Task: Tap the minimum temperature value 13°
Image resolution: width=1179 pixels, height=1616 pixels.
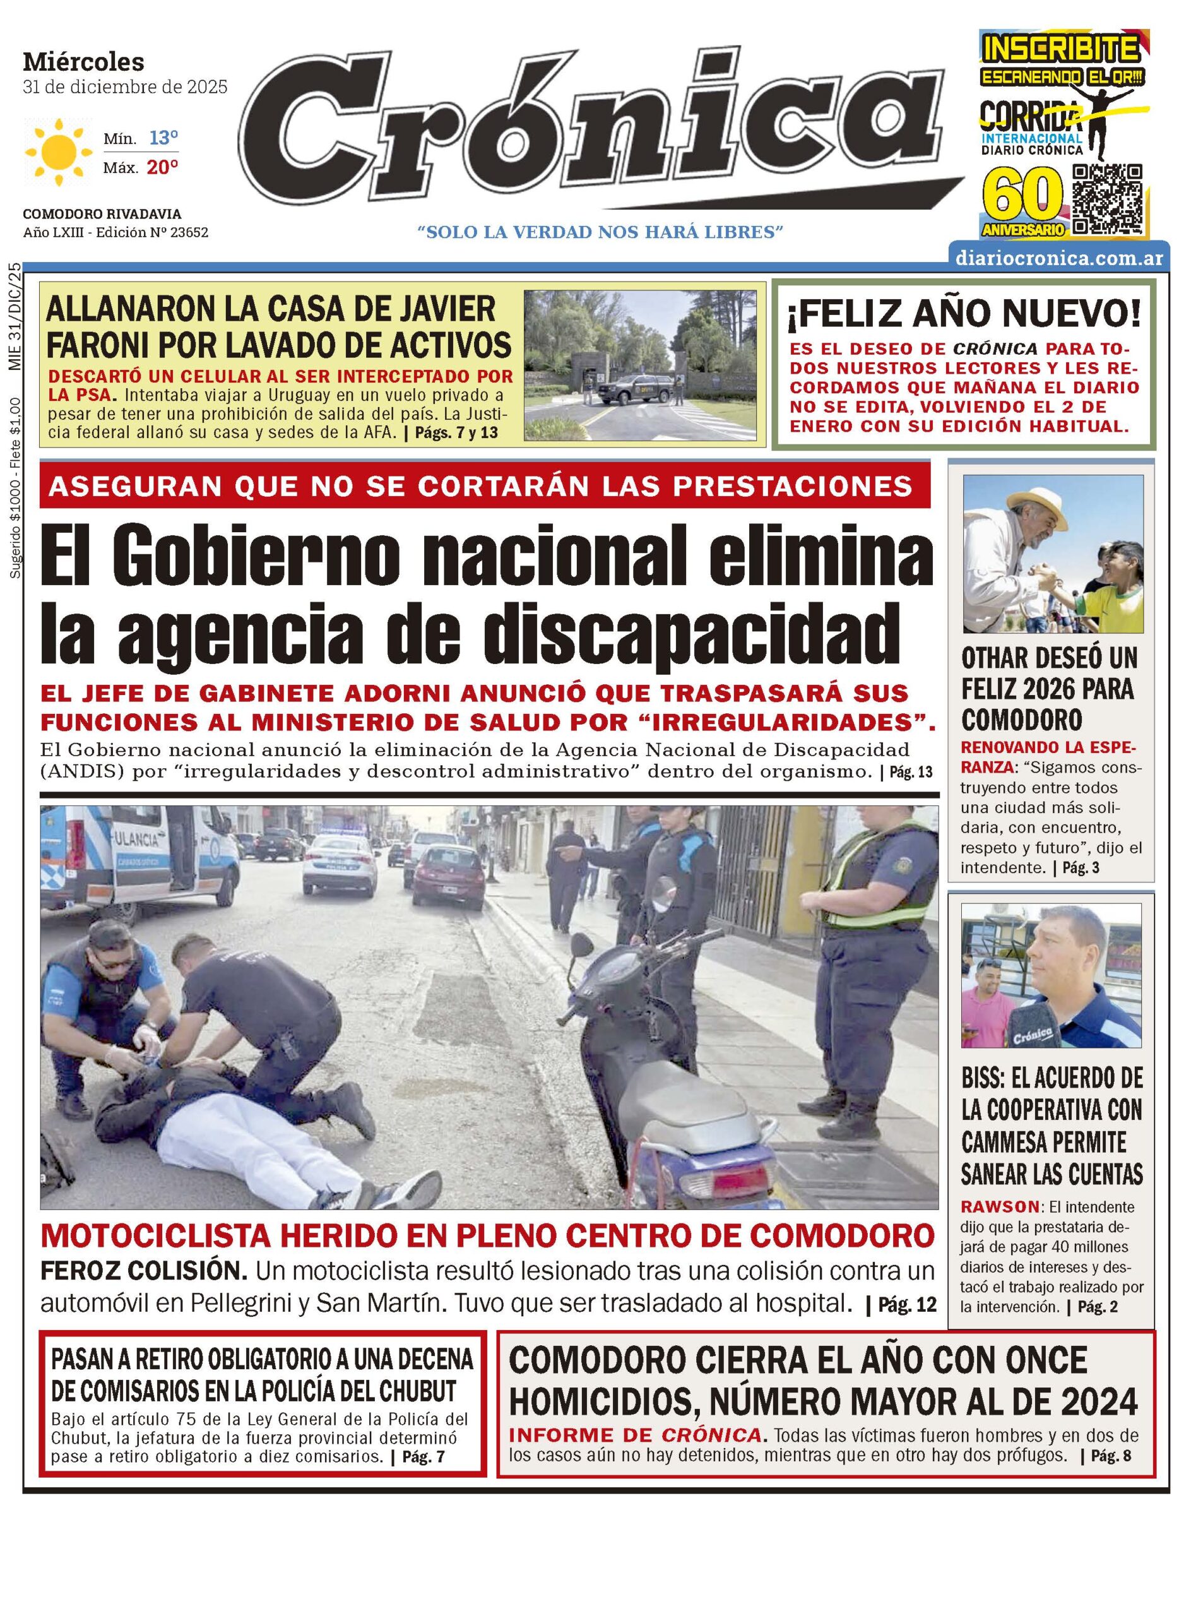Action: (163, 138)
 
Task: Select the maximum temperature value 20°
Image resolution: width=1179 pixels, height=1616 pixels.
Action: (162, 168)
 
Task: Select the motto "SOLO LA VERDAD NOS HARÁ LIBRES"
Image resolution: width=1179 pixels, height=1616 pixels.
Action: (600, 231)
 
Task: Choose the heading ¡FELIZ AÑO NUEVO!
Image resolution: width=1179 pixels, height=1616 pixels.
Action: (964, 315)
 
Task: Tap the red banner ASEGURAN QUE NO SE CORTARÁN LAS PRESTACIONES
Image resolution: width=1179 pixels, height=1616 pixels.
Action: (485, 485)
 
